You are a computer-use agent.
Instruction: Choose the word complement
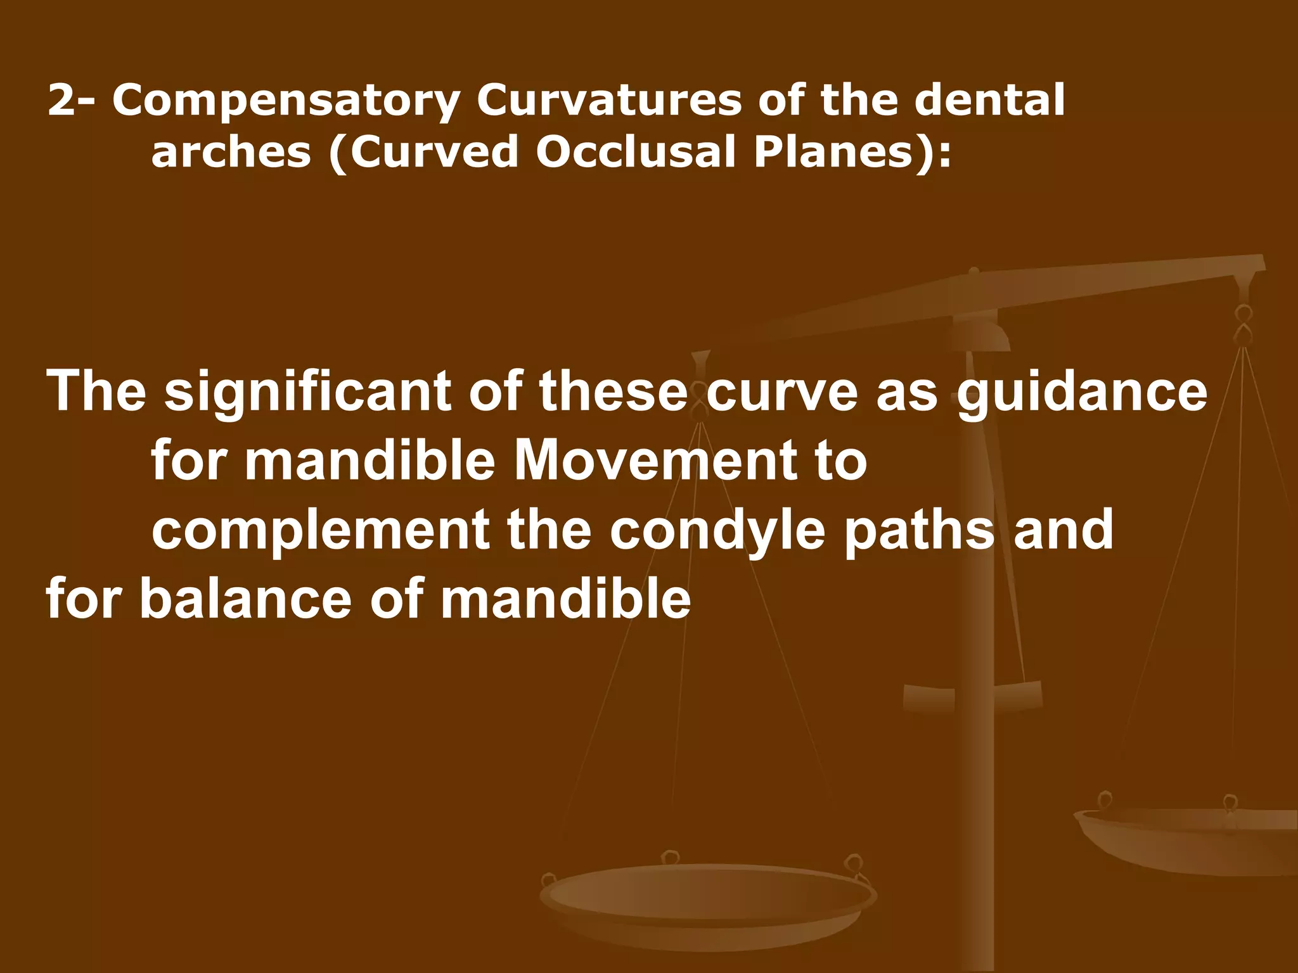coord(320,531)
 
